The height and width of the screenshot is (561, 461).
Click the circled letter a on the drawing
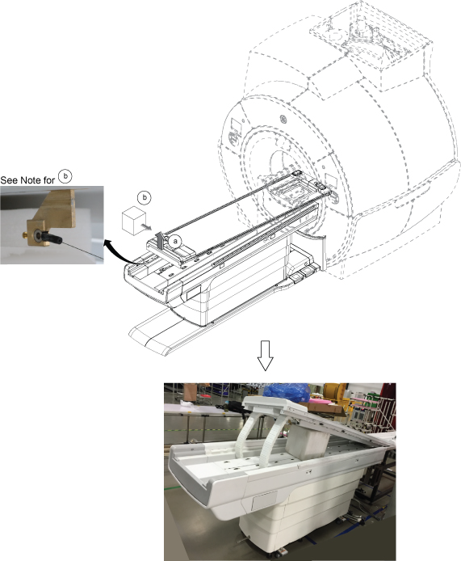(175, 241)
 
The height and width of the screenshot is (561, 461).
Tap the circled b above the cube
(145, 197)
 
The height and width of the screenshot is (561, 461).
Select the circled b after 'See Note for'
(65, 175)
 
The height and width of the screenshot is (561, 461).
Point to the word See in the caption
(9, 180)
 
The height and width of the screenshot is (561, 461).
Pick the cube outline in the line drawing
(134, 221)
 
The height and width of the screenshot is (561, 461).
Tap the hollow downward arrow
(266, 356)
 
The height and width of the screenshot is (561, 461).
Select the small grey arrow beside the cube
(146, 227)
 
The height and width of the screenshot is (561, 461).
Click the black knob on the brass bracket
(52, 237)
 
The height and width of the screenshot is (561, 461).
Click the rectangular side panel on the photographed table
(265, 501)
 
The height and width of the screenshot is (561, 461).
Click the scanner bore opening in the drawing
(286, 171)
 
